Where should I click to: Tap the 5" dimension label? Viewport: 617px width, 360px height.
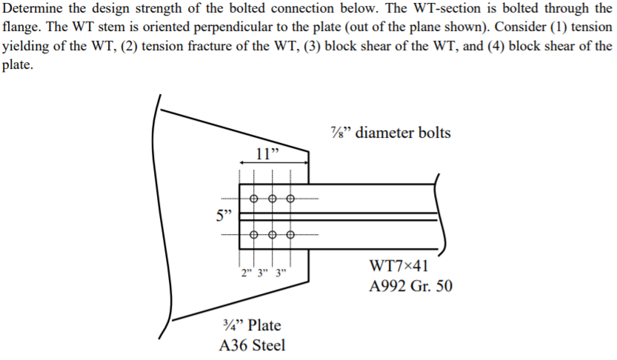(x=223, y=216)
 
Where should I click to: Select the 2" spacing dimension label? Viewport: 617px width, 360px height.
(x=245, y=272)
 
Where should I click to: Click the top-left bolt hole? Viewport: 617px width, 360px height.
(x=254, y=199)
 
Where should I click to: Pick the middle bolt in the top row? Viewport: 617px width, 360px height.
(x=272, y=199)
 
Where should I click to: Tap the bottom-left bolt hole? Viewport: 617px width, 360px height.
(x=254, y=235)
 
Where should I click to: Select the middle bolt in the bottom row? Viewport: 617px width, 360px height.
(x=272, y=235)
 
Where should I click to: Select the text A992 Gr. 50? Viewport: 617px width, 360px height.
(x=409, y=287)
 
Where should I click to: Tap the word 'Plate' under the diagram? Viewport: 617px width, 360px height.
(x=264, y=325)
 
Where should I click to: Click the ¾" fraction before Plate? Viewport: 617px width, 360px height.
(x=232, y=325)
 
